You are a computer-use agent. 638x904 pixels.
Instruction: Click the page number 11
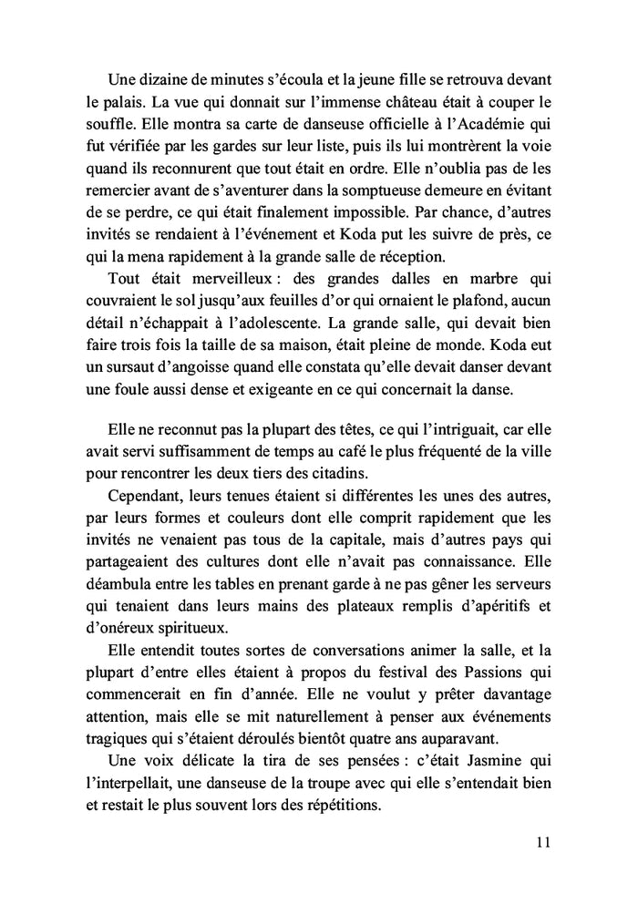click(x=544, y=842)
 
